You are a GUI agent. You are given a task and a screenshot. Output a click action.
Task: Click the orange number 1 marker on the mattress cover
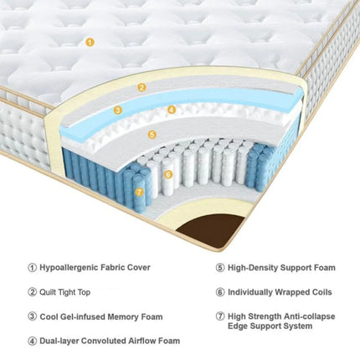pos(90,41)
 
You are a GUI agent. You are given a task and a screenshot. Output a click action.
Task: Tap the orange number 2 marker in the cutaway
pos(142,87)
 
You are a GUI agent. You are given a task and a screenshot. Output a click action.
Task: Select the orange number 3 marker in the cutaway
pos(118,109)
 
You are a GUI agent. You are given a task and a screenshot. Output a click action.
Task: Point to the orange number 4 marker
pos(171,109)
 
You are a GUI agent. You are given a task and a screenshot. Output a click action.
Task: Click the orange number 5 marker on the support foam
pos(152,133)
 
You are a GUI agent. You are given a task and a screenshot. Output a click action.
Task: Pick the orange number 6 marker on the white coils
pos(168,174)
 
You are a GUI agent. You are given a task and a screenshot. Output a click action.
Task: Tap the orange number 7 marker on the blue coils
pos(140,191)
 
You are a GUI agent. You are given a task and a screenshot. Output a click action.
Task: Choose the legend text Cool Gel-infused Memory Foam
pos(100,316)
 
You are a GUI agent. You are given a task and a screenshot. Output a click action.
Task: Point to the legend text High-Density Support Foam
pos(281,268)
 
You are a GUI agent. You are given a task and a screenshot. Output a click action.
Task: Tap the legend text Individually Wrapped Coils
pos(280,292)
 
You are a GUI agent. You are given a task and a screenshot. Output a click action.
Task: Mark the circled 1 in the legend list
pos(33,268)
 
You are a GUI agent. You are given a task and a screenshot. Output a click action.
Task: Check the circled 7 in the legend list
pos(220,316)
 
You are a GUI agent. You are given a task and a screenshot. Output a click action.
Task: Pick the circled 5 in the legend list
pos(220,268)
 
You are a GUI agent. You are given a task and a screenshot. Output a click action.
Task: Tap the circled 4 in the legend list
pos(33,341)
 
